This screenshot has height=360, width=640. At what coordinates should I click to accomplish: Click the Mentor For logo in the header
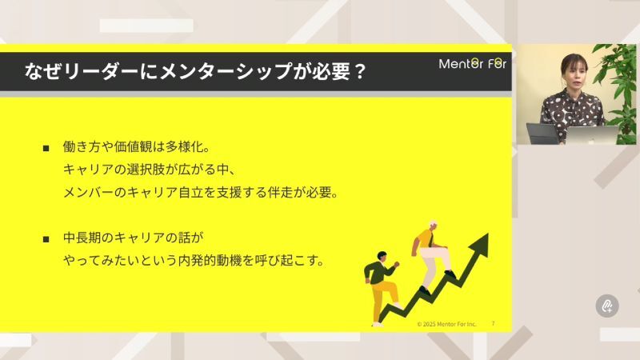click(x=472, y=64)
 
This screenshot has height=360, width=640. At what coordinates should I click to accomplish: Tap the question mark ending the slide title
click(x=359, y=72)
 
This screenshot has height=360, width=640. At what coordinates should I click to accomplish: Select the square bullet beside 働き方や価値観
click(x=46, y=149)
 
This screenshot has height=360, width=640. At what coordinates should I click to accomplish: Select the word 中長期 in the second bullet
click(x=85, y=238)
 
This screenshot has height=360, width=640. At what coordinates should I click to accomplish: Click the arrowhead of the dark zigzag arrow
click(x=481, y=245)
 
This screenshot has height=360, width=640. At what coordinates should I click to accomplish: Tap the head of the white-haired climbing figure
click(x=433, y=226)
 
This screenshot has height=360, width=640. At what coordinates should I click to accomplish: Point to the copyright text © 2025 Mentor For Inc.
click(x=446, y=324)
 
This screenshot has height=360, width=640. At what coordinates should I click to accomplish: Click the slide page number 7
click(x=493, y=323)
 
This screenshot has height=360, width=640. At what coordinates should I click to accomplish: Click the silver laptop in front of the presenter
click(x=593, y=134)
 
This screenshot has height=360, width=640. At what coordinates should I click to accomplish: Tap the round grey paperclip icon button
click(x=607, y=305)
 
